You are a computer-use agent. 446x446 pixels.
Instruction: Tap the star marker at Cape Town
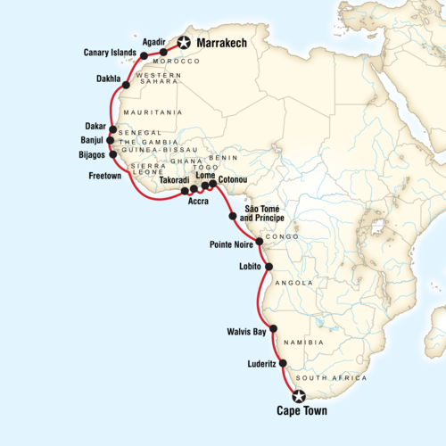tap(299, 396)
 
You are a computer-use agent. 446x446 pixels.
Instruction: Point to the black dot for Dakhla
tap(127, 86)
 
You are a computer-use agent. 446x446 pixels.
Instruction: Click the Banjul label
tap(92, 140)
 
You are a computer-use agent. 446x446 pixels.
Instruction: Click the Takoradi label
tap(173, 179)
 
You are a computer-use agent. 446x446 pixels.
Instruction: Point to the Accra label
tap(198, 202)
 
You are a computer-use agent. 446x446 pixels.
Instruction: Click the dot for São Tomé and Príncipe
tap(233, 216)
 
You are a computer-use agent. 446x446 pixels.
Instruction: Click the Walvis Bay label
tap(247, 331)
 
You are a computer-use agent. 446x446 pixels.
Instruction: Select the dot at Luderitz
tap(283, 364)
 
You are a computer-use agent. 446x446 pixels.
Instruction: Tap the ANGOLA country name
tap(296, 283)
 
